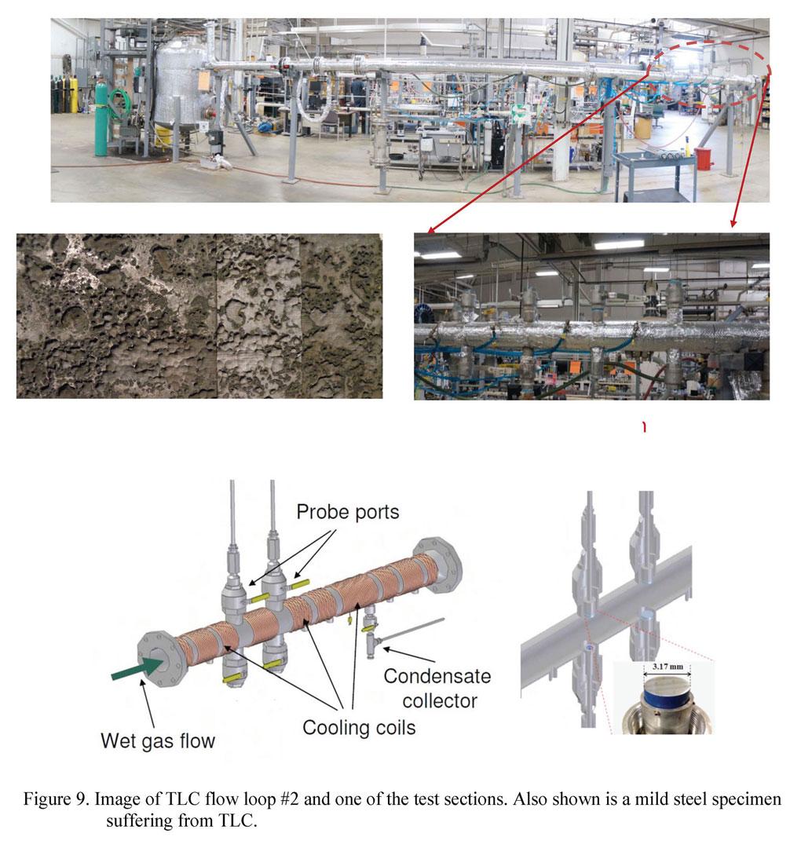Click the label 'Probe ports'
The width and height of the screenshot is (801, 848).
click(348, 512)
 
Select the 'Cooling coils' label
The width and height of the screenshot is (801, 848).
click(359, 727)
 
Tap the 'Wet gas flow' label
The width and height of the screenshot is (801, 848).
click(158, 740)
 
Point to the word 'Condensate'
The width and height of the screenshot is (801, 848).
click(437, 676)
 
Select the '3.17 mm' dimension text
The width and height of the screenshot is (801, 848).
click(667, 667)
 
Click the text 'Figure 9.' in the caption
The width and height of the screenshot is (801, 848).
click(57, 799)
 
